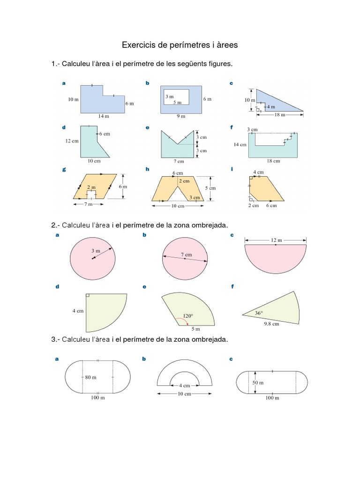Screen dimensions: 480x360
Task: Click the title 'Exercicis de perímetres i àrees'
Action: click(x=180, y=45)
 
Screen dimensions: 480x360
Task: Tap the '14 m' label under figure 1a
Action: click(x=103, y=116)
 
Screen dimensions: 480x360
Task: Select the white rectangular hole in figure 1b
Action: click(x=176, y=97)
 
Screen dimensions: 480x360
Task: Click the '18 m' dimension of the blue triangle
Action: click(x=279, y=114)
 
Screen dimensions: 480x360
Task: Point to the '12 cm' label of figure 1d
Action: click(x=72, y=141)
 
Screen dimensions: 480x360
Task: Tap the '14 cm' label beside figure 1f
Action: click(x=240, y=145)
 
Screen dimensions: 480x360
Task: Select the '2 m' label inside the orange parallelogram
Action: click(x=91, y=187)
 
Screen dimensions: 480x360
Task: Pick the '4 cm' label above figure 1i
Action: click(x=258, y=172)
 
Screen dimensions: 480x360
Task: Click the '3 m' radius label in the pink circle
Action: click(x=96, y=251)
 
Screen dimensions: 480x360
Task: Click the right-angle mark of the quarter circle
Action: click(x=88, y=295)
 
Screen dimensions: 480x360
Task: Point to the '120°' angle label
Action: click(x=187, y=316)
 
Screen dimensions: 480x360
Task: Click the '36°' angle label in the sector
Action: click(x=258, y=313)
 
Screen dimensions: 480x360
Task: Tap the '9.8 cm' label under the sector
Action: click(x=271, y=323)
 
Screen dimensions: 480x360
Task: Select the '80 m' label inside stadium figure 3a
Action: click(x=90, y=377)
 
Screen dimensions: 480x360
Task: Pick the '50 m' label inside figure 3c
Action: click(x=258, y=382)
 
